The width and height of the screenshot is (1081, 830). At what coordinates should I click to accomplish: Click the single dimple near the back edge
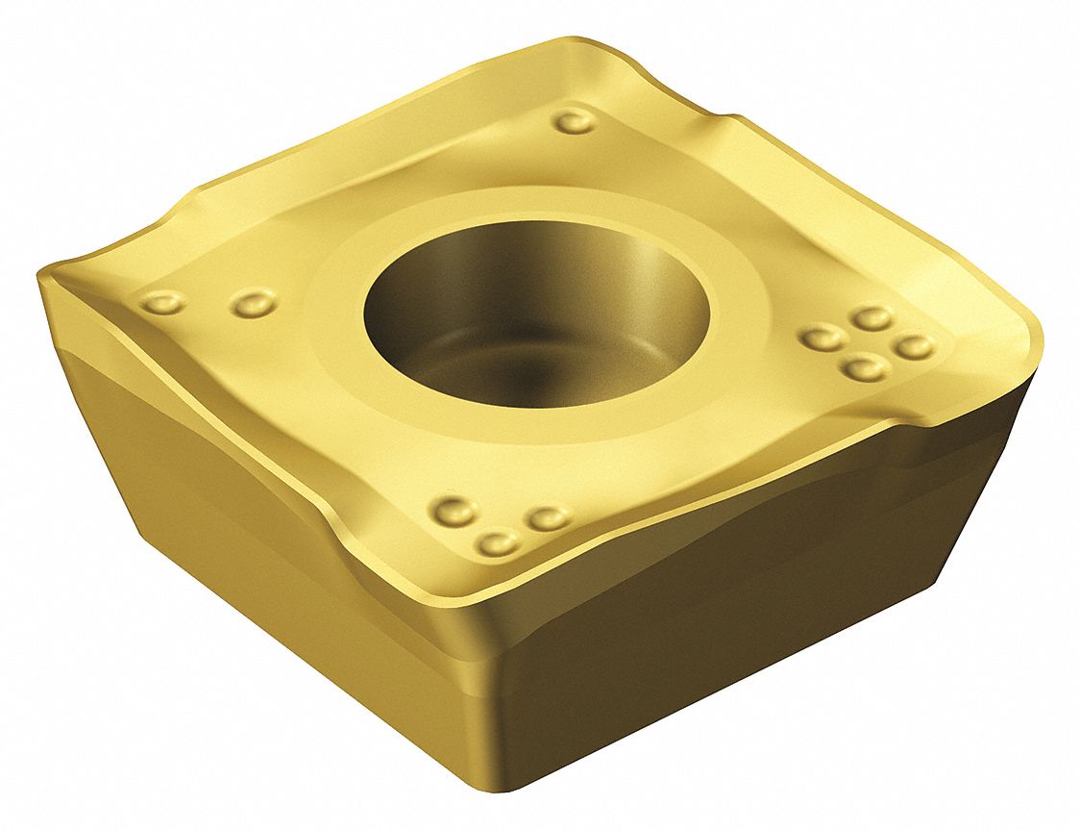pyautogui.click(x=577, y=121)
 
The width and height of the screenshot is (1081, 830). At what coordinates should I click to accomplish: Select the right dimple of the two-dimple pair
pyautogui.click(x=253, y=305)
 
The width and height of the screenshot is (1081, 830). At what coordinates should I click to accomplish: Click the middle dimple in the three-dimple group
pyautogui.click(x=498, y=544)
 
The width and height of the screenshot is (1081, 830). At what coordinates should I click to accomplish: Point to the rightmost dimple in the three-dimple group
pyautogui.click(x=548, y=519)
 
